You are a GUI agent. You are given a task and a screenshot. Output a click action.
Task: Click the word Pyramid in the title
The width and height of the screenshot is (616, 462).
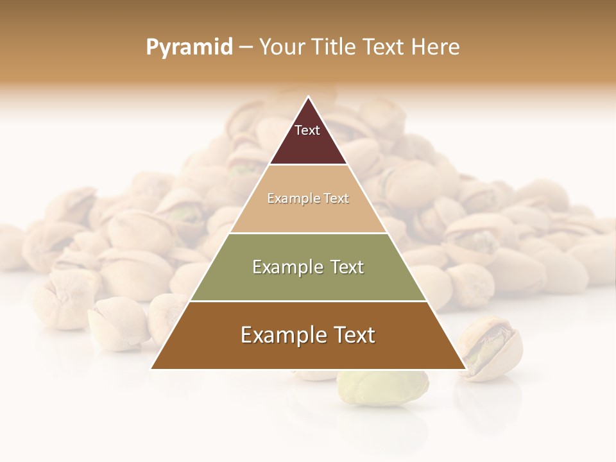189,47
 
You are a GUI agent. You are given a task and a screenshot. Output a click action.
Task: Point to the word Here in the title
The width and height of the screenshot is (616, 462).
436,47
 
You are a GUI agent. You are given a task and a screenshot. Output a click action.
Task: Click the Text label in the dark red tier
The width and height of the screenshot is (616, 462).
307,130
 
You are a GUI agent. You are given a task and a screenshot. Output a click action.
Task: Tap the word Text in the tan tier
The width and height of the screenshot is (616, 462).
337,199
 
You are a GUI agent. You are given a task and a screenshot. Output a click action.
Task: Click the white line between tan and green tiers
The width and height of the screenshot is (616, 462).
308,233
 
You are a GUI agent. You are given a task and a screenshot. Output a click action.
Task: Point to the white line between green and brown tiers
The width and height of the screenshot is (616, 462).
308,301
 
